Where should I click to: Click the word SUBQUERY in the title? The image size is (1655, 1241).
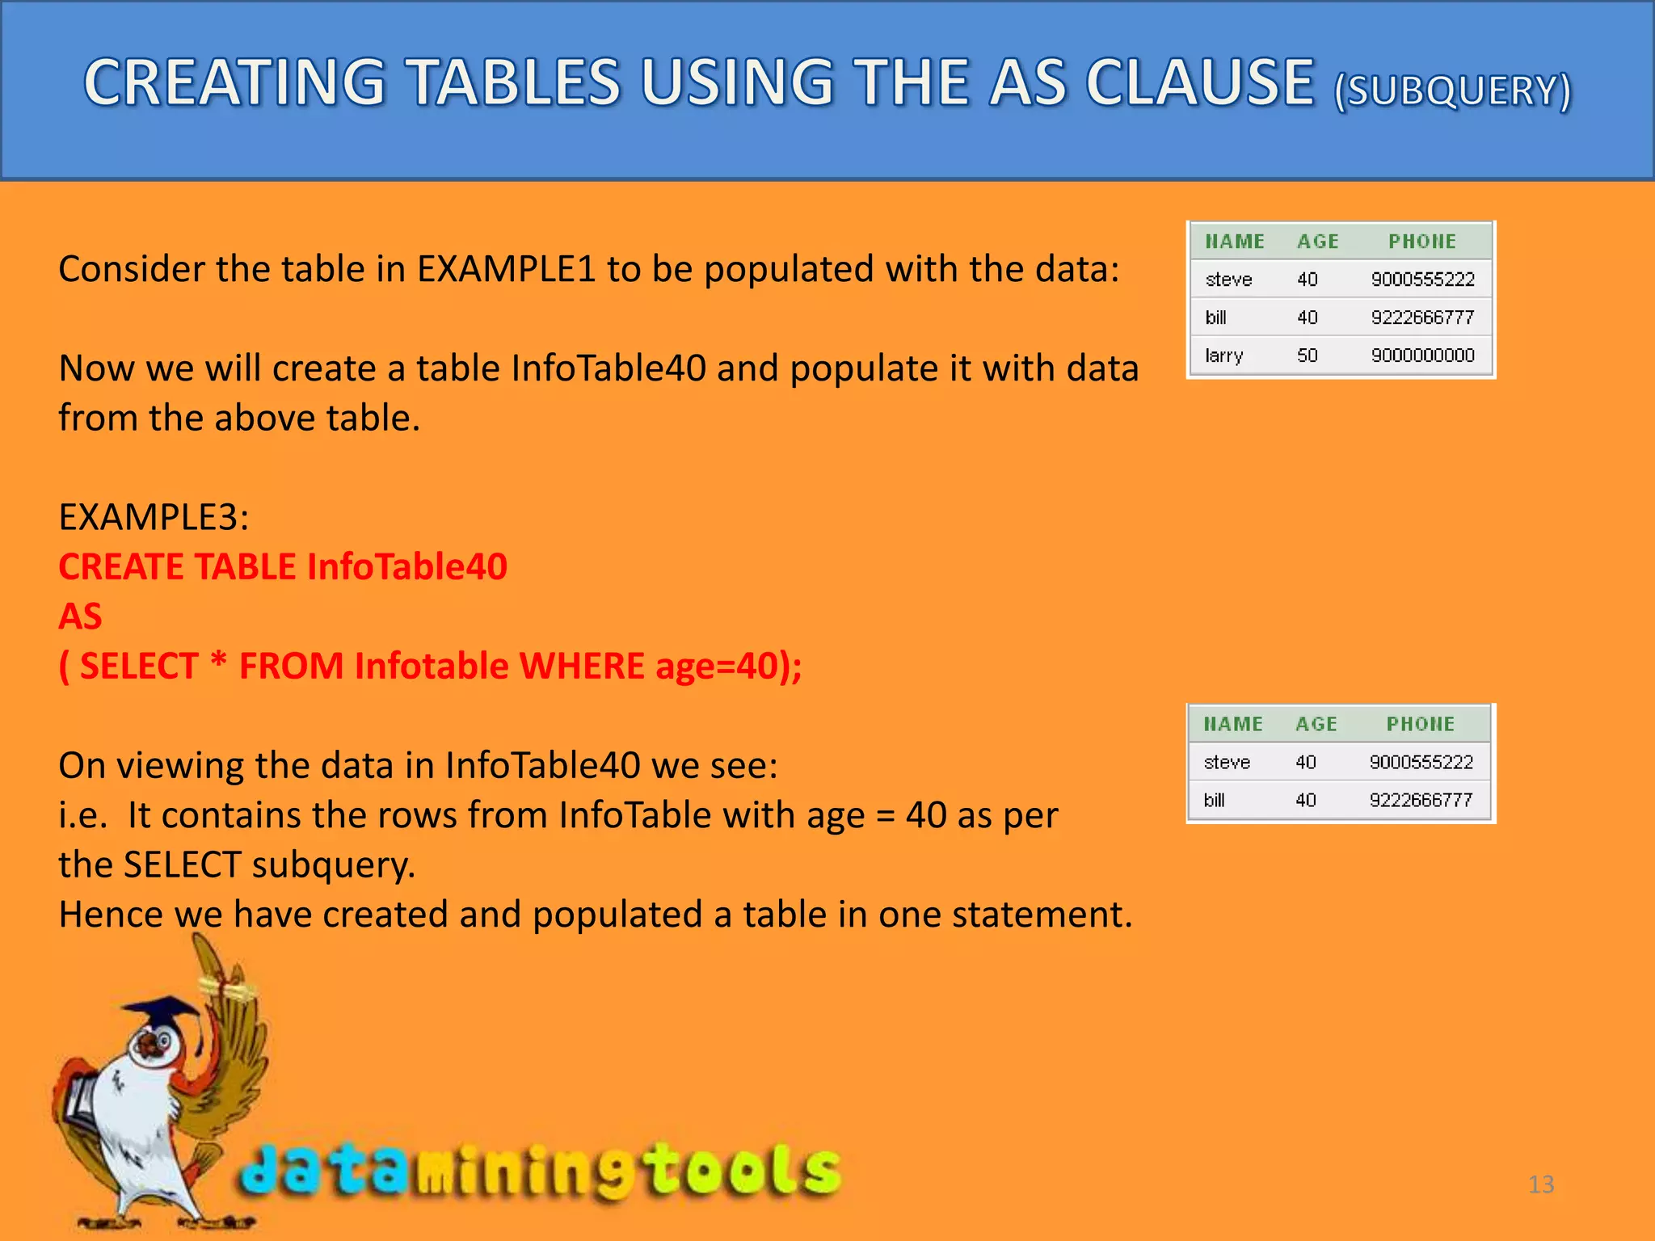[1452, 91]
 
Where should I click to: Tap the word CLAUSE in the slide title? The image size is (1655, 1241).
[1199, 82]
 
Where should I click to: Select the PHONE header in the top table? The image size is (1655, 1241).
[1421, 241]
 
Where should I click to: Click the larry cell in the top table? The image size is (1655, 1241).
[1223, 355]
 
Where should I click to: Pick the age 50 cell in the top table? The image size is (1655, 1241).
[1307, 355]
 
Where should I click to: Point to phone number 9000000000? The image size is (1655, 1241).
[1422, 355]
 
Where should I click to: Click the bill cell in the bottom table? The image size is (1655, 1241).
[1214, 800]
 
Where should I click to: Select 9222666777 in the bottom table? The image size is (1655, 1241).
[1421, 800]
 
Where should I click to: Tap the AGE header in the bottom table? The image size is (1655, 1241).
[1316, 724]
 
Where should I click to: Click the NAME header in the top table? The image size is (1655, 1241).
[1234, 241]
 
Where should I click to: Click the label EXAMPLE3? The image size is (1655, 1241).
[154, 517]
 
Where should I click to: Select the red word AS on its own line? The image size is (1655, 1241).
[80, 616]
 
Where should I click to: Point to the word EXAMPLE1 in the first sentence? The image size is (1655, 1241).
[506, 269]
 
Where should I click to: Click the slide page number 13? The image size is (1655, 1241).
[1540, 1184]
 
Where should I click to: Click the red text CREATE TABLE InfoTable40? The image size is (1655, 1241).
[283, 567]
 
